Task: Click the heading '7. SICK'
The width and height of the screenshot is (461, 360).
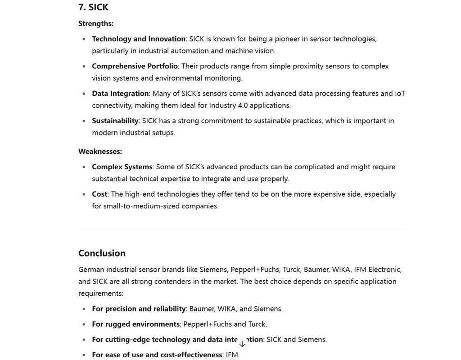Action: click(93, 7)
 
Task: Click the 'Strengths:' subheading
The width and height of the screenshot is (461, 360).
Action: click(95, 23)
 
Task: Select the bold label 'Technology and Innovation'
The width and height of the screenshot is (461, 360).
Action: click(139, 39)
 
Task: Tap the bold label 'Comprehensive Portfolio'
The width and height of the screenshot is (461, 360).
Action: click(135, 66)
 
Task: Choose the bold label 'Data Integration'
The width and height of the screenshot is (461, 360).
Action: click(120, 94)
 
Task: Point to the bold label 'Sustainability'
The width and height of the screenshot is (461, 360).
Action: click(115, 121)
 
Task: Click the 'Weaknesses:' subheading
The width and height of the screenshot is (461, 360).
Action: click(100, 151)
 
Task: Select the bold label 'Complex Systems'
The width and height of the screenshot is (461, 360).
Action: click(122, 167)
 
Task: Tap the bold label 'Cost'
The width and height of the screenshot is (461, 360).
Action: click(99, 194)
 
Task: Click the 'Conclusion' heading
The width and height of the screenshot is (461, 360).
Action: click(102, 253)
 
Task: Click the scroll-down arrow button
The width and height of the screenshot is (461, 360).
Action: click(242, 344)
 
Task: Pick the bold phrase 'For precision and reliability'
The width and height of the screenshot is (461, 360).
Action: click(139, 309)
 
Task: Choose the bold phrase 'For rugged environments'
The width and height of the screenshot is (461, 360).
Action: click(136, 324)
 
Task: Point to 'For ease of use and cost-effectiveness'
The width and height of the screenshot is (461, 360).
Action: click(157, 355)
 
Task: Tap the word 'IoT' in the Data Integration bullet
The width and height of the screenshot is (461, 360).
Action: click(400, 94)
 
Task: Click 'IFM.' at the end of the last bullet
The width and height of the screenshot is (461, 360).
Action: click(233, 355)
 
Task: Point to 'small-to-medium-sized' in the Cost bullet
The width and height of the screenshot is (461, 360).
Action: click(128, 206)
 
